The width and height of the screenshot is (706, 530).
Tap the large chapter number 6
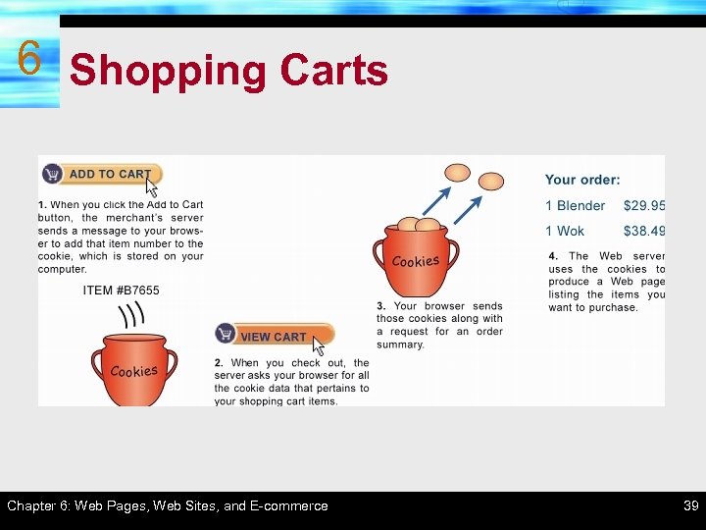[28, 60]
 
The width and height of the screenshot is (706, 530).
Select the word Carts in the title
[333, 71]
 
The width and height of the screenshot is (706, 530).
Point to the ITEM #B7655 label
[121, 291]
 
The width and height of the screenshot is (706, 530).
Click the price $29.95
[644, 206]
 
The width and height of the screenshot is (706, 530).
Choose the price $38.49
[644, 232]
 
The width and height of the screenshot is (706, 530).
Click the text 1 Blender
[576, 206]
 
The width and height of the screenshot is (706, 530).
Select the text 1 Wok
[565, 232]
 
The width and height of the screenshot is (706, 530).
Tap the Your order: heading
[582, 181]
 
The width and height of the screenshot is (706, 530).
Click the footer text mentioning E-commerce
[168, 506]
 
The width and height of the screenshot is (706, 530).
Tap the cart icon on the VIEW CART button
[227, 335]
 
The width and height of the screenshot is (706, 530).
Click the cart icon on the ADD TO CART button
[52, 174]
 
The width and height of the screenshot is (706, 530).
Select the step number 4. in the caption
[554, 256]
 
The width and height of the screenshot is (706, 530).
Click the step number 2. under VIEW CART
[220, 363]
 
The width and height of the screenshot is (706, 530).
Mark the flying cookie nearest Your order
[490, 181]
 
